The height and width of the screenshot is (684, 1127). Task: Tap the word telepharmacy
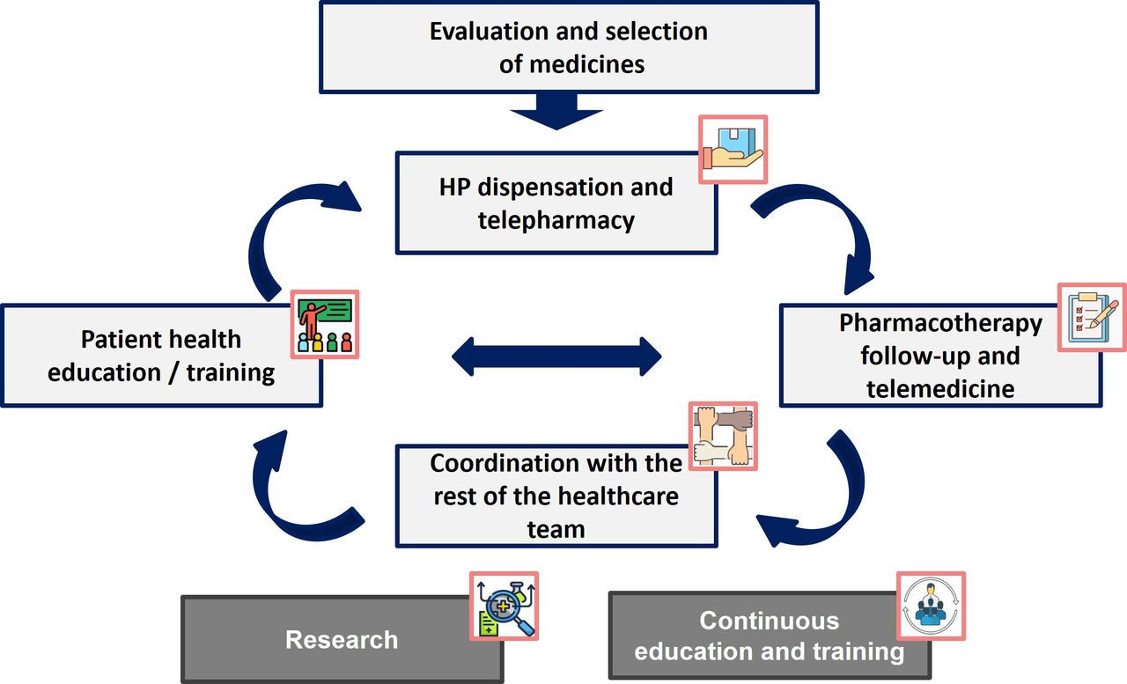[556, 221]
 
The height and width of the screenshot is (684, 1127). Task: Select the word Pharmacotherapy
[940, 324]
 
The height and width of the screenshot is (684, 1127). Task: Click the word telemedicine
[939, 389]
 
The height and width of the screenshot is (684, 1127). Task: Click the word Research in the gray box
[342, 640]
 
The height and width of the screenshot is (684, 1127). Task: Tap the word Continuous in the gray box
[770, 621]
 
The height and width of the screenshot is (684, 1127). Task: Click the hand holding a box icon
[733, 150]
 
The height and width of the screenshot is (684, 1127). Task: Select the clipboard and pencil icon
[1092, 318]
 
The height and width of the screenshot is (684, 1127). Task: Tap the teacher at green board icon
[325, 325]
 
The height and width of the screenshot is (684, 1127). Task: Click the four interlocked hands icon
[723, 436]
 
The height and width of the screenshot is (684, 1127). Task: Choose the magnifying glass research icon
[505, 606]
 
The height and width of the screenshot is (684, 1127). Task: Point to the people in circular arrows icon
[931, 606]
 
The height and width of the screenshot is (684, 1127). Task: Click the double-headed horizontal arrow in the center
[556, 357]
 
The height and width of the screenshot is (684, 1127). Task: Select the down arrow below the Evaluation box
[556, 111]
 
